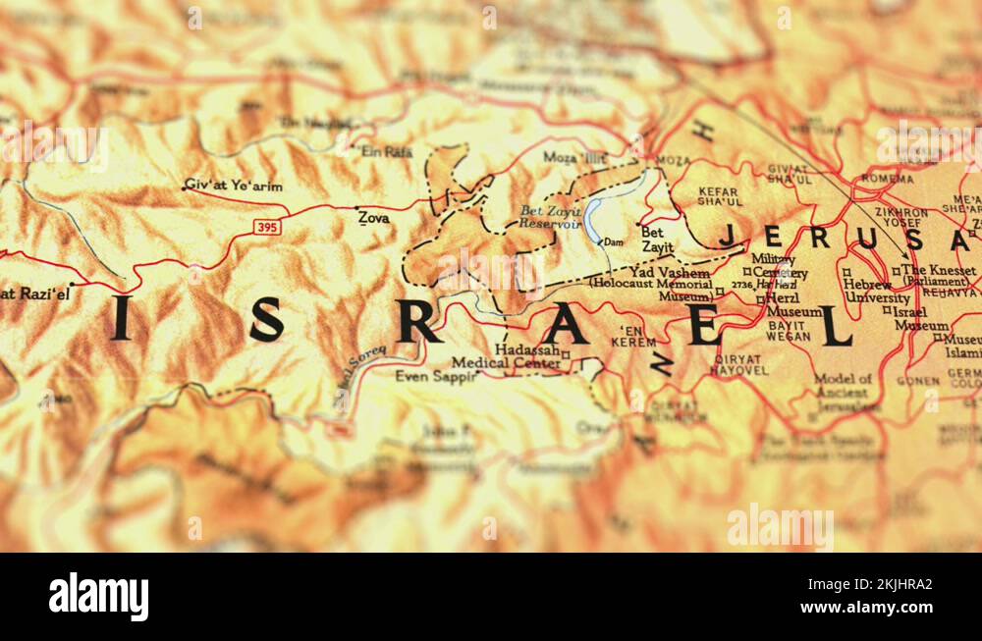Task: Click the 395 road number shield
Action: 267,227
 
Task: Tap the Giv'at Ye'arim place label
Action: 233,186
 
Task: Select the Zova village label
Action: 373,218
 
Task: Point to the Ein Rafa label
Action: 387,152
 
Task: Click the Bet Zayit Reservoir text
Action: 550,217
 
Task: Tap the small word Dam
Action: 613,241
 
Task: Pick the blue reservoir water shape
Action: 593,222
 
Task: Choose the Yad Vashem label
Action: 670,273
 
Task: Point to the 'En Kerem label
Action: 633,337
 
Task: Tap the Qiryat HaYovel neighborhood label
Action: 738,364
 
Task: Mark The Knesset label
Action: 939,271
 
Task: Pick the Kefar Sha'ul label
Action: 719,196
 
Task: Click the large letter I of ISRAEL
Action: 121,318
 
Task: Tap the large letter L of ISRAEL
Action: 836,326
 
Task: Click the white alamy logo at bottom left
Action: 98,597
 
